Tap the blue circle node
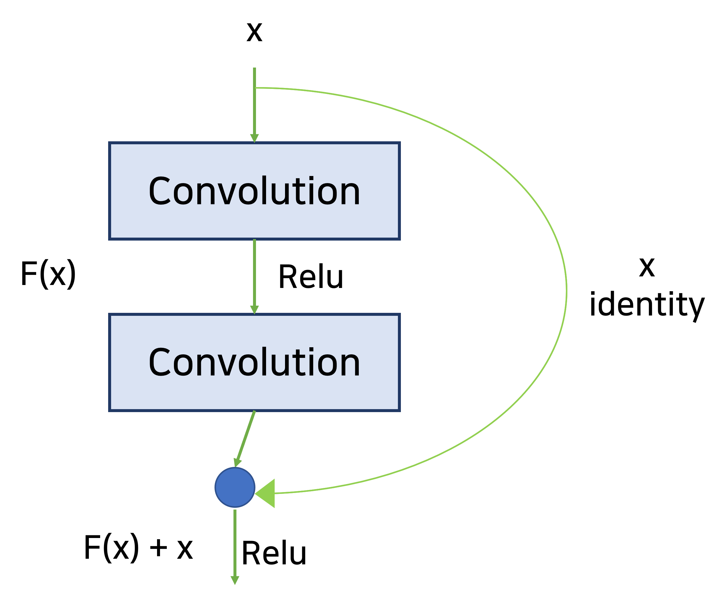pos(235,487)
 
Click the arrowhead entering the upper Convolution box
pos(254,138)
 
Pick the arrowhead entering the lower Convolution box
pos(254,310)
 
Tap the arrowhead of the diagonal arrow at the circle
pos(237,462)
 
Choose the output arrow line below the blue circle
pos(235,541)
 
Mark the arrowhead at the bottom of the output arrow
pos(235,580)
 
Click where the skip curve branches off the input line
pos(255,88)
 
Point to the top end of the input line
pos(254,68)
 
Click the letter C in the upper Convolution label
pos(159,190)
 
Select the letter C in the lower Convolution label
pos(159,362)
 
